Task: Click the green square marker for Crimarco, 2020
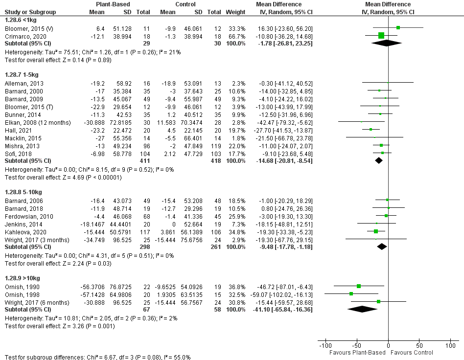tap(381, 36)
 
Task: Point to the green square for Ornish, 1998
tap(351, 293)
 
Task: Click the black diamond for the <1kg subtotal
tap(387, 43)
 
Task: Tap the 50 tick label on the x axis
tap(418, 346)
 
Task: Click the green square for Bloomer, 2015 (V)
tap(398, 28)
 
